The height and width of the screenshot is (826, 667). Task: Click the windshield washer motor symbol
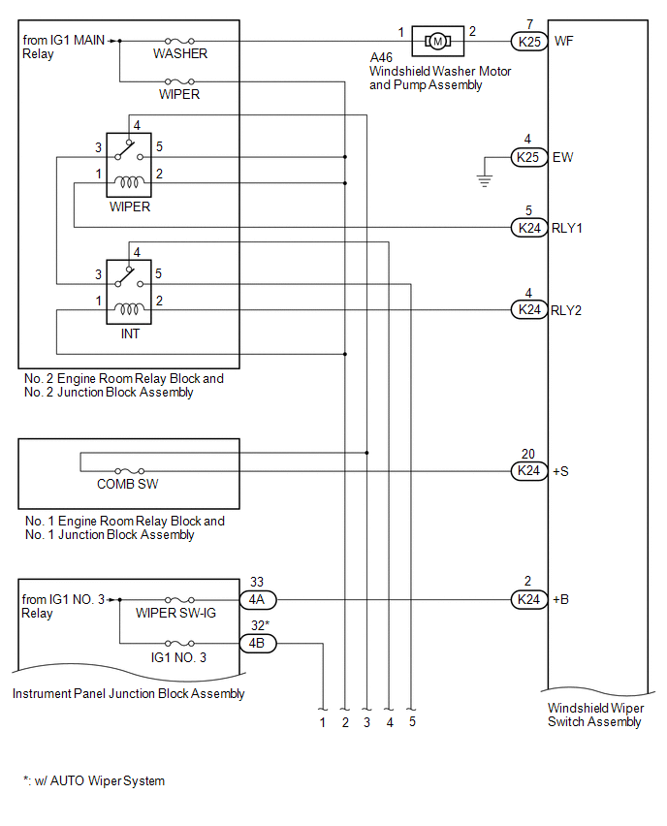click(437, 41)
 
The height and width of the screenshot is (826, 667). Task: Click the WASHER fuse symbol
click(181, 41)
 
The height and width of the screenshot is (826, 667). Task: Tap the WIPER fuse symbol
click(179, 82)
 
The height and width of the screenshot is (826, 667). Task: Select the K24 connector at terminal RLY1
click(528, 228)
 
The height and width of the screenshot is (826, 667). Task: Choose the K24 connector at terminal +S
click(528, 471)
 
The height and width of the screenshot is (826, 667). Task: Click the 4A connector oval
click(258, 600)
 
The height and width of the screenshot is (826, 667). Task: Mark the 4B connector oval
click(258, 643)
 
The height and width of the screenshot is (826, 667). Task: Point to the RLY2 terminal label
click(566, 310)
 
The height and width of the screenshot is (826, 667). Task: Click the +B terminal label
click(559, 600)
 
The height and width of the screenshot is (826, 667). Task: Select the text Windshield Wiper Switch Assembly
click(594, 715)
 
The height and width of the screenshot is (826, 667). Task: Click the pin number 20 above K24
click(528, 454)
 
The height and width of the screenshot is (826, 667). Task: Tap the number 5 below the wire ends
click(412, 722)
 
